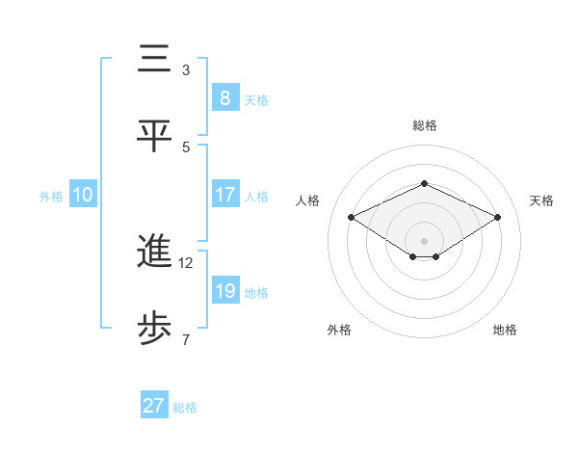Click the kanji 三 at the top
click(x=154, y=60)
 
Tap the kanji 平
click(x=154, y=134)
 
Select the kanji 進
click(x=154, y=252)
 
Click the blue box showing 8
click(x=224, y=98)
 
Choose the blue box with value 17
click(x=224, y=195)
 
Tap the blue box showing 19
click(x=224, y=291)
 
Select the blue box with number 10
click(x=83, y=195)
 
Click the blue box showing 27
click(x=154, y=406)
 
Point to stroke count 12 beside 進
click(x=186, y=262)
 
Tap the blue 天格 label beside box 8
click(x=256, y=99)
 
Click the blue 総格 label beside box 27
click(x=185, y=407)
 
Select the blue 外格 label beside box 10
click(x=51, y=196)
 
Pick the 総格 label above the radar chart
click(x=424, y=125)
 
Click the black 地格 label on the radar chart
click(x=505, y=330)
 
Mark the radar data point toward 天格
click(x=498, y=218)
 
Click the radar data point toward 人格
click(x=351, y=218)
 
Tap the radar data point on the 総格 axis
click(x=424, y=183)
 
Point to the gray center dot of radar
click(x=424, y=240)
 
